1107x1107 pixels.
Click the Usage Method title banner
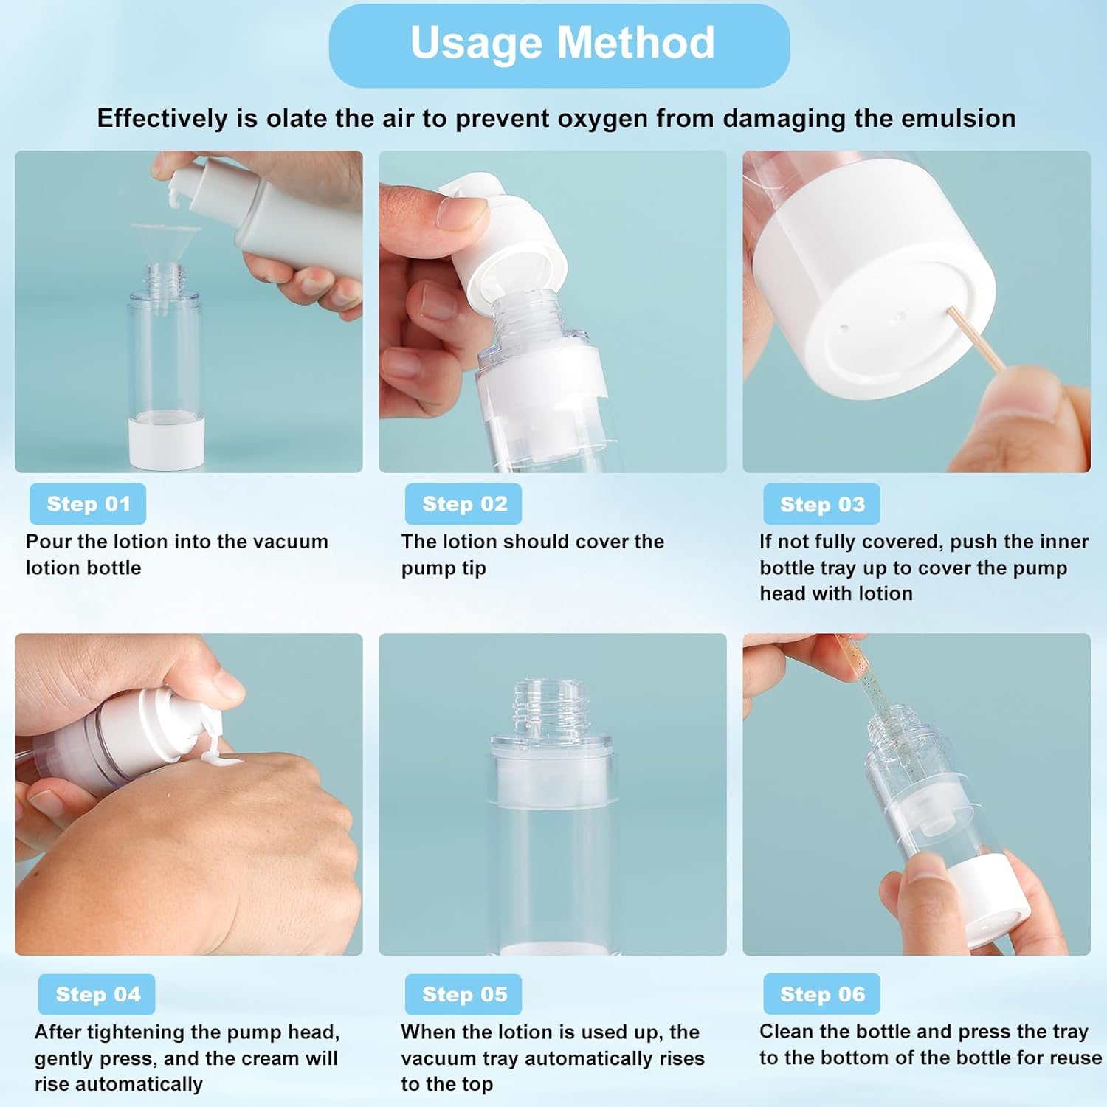click(x=559, y=44)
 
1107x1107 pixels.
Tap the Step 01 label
click(x=88, y=504)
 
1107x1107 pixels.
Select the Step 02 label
click(x=463, y=504)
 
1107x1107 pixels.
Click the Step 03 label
click(x=821, y=505)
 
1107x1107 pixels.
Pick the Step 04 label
click(x=97, y=994)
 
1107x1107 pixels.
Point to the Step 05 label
click(x=463, y=994)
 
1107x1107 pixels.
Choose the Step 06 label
click(x=821, y=994)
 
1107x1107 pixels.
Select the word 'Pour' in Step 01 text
click(x=48, y=542)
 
